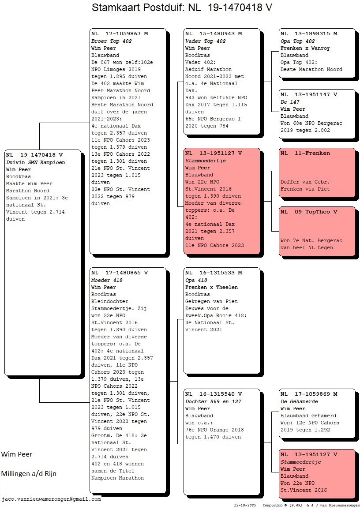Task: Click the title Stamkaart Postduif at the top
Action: click(x=138, y=7)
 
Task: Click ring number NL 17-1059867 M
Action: click(x=120, y=34)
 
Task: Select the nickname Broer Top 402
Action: click(x=112, y=41)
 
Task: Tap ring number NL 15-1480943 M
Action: click(x=214, y=34)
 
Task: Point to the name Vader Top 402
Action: click(x=206, y=41)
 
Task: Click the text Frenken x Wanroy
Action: click(x=305, y=48)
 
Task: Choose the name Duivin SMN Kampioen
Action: click(x=36, y=162)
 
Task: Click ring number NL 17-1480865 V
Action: click(x=120, y=273)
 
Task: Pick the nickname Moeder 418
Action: click(x=107, y=280)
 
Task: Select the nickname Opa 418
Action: click(x=196, y=280)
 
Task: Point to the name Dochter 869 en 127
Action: click(x=213, y=401)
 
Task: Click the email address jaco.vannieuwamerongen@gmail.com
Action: click(x=51, y=499)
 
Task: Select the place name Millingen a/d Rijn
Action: click(x=29, y=473)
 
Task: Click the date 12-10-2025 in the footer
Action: click(x=245, y=505)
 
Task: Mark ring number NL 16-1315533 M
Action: click(x=214, y=273)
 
